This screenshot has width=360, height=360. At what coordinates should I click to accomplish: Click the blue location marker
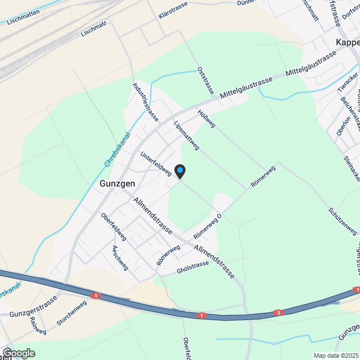point(179,170)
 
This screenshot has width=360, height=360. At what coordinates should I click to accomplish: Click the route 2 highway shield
point(278,313)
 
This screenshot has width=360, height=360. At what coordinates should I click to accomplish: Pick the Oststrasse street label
point(206,80)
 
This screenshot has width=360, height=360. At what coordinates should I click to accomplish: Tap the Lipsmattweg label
point(187,136)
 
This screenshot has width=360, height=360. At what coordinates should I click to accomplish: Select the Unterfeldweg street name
point(156,165)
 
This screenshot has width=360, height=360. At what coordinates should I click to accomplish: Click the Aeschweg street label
point(120,257)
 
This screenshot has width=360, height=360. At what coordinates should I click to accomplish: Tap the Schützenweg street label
point(342,222)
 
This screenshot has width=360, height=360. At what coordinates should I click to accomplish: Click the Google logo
point(18,353)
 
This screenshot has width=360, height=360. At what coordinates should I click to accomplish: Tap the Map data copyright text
point(336,355)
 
